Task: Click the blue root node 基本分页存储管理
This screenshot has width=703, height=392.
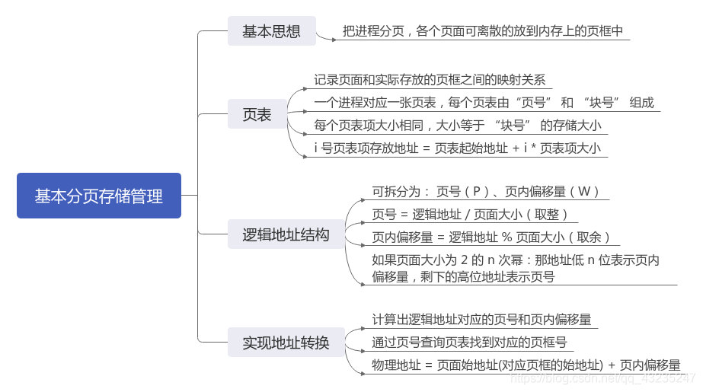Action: [99, 196]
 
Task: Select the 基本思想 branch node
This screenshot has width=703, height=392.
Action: [271, 31]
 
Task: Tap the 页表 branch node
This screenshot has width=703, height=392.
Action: [257, 115]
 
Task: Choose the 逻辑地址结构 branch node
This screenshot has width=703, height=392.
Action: [286, 234]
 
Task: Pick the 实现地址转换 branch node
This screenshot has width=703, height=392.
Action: [286, 343]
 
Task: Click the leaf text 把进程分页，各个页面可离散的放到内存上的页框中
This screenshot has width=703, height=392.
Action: [483, 32]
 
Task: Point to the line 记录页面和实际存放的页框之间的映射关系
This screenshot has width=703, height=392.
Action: [430, 80]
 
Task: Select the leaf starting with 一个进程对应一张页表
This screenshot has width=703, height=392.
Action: [484, 103]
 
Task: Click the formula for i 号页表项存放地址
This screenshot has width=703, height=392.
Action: [457, 148]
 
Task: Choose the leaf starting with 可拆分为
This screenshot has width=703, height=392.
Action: [486, 192]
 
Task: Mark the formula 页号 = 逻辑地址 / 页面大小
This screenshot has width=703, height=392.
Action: [470, 215]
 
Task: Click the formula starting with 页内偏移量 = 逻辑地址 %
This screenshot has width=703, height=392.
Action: [491, 237]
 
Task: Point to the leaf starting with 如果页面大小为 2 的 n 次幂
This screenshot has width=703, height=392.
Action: [516, 269]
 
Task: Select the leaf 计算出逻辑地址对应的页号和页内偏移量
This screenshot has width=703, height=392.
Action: [481, 320]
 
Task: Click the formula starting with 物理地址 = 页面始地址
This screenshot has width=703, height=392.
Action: [526, 365]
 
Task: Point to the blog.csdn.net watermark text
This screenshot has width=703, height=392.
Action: [609, 378]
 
